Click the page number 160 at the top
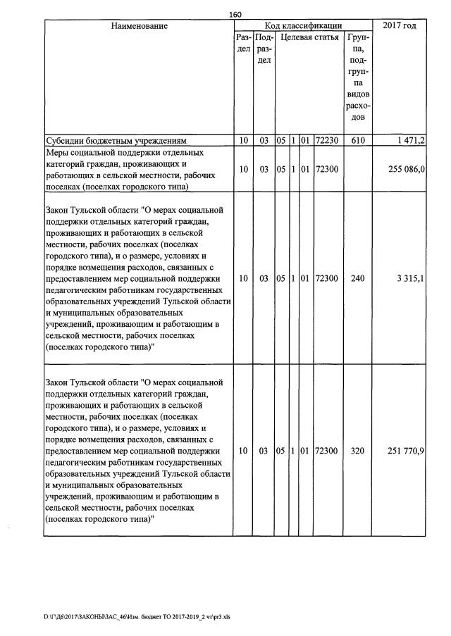tap(235, 15)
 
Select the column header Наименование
tap(139, 26)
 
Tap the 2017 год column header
tap(399, 26)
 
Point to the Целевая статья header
tap(309, 37)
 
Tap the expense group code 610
tap(357, 141)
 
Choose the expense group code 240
tap(357, 279)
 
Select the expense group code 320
tap(357, 451)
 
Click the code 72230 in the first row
tap(327, 141)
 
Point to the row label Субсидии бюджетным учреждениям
tap(115, 141)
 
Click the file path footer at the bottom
tap(137, 616)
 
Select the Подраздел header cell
tap(264, 49)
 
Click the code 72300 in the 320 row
tap(327, 451)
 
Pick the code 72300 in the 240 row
tap(327, 279)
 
